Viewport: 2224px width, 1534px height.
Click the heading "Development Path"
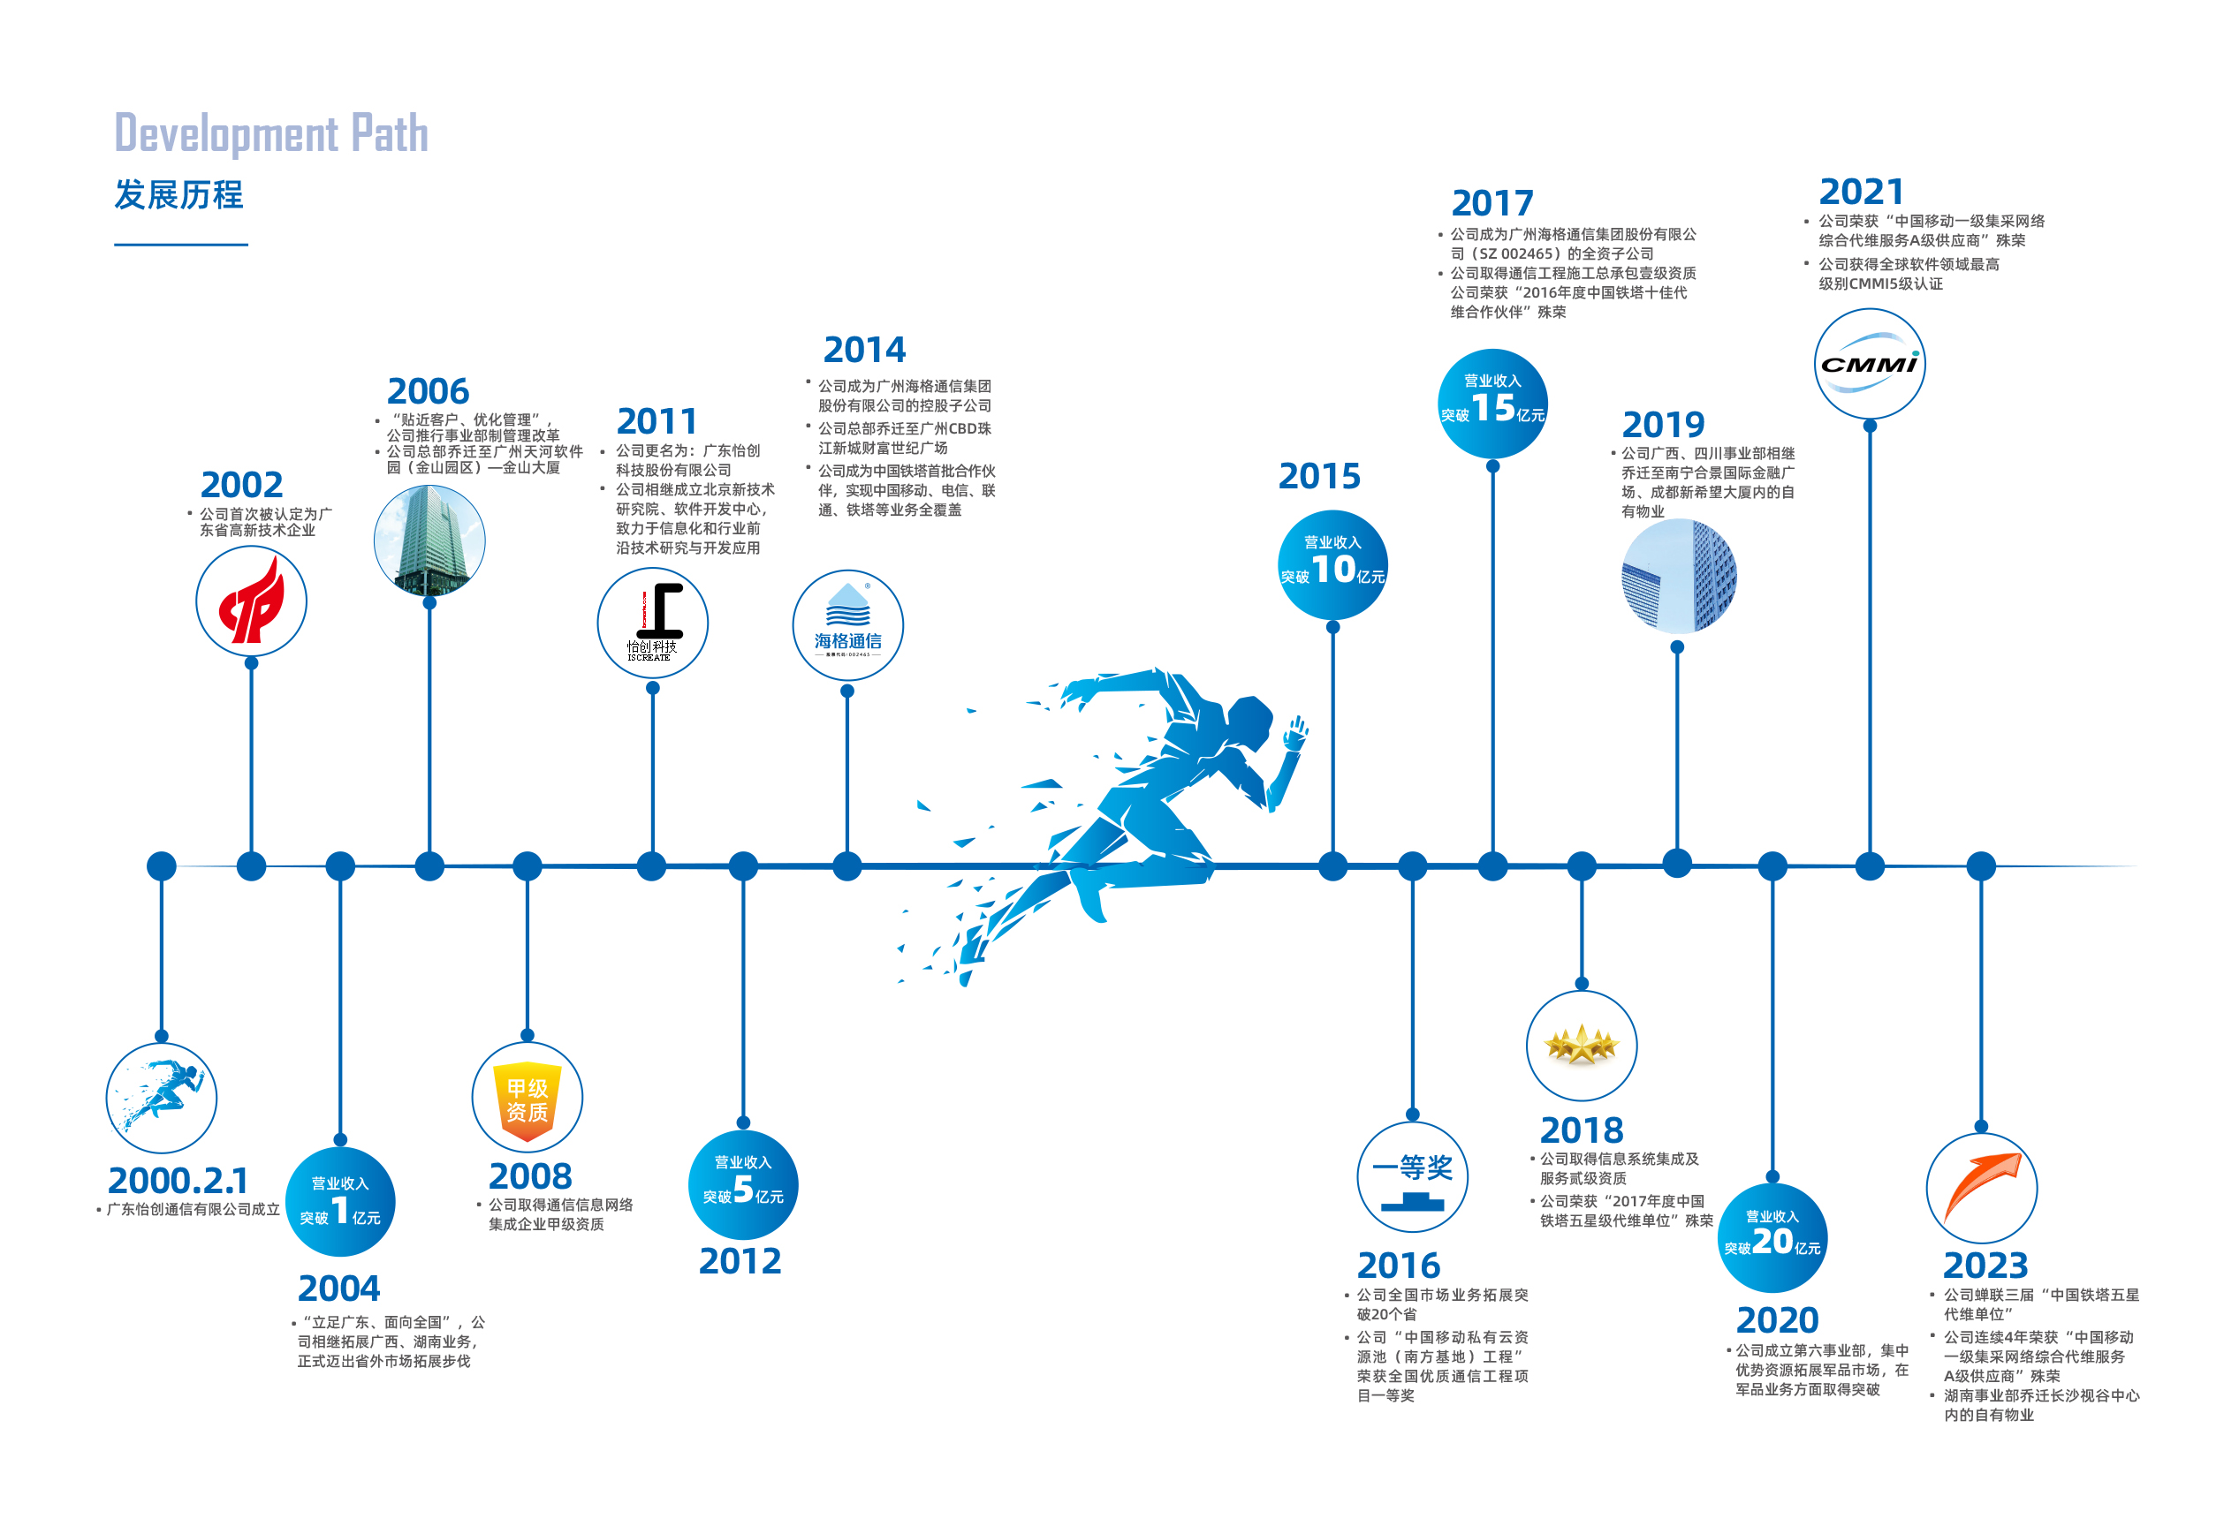pos(271,133)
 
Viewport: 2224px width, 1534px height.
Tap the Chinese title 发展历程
pos(178,195)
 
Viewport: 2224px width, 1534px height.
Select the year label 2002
pos(241,485)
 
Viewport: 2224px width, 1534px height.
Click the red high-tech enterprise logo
pos(251,601)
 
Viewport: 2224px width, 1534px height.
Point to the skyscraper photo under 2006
pos(429,540)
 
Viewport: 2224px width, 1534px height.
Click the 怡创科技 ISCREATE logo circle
pos(652,623)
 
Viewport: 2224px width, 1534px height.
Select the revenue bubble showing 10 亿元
pos(1332,565)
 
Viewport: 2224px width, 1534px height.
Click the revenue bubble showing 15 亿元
pos(1492,404)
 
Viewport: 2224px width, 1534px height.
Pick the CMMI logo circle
pos(1869,363)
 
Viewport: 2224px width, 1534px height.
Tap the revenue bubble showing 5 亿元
pos(742,1184)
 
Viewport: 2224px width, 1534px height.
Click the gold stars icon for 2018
pos(1581,1046)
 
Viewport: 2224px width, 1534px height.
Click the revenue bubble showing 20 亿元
pos(1772,1238)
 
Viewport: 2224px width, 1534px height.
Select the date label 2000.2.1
pos(178,1180)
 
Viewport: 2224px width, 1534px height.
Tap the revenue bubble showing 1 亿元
pos(340,1201)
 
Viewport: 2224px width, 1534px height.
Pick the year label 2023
pos(1985,1265)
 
